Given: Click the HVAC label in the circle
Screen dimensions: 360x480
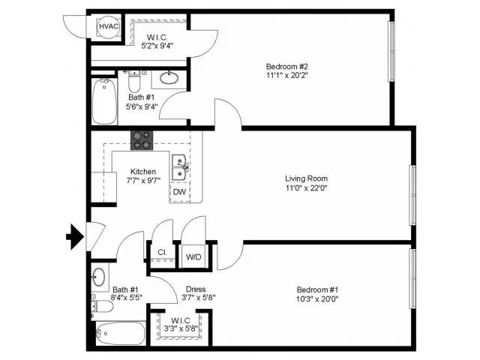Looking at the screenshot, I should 107,27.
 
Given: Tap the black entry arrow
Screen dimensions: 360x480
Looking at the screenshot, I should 74,237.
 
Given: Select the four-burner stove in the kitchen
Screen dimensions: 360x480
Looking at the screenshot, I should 141,139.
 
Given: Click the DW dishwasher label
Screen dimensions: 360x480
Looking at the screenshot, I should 179,192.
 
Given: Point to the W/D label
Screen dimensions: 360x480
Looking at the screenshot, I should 193,256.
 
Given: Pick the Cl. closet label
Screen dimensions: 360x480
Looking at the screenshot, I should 161,253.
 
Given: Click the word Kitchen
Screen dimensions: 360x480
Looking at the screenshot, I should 143,172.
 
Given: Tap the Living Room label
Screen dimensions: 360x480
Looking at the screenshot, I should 306,178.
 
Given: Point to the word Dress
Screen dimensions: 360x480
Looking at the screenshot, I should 196,289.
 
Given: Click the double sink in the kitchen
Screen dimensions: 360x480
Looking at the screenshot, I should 179,168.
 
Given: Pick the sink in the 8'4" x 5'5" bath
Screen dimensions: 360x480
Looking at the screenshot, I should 99,277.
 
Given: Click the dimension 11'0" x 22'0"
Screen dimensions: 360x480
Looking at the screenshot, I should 306,189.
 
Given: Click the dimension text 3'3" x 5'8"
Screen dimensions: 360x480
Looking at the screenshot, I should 180,328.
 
